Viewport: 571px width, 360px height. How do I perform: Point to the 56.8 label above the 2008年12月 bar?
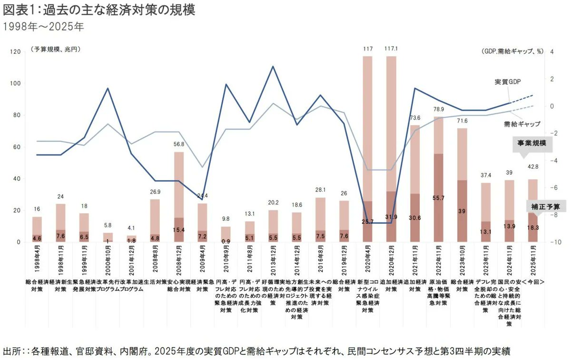click(x=179, y=144)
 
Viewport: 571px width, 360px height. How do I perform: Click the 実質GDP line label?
click(x=508, y=82)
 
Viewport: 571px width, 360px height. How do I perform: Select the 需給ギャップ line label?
click(x=522, y=124)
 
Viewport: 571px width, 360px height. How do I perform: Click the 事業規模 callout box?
click(x=532, y=143)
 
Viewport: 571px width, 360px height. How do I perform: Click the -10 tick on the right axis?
click(x=554, y=242)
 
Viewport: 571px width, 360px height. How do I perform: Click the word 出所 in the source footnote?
click(x=11, y=351)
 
